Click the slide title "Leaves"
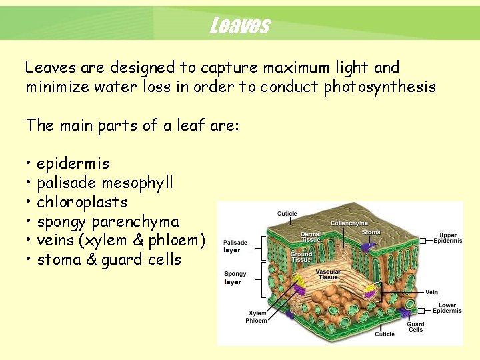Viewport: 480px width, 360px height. click(x=239, y=25)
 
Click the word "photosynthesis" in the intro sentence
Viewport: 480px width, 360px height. click(x=379, y=87)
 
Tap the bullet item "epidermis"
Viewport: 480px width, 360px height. click(x=73, y=163)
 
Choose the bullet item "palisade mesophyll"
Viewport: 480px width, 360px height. click(x=105, y=183)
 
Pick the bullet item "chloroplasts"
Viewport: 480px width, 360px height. click(x=81, y=202)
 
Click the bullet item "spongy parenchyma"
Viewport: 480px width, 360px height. click(x=107, y=221)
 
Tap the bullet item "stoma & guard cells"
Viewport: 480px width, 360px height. click(x=109, y=260)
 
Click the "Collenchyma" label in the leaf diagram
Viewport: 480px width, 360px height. click(x=349, y=223)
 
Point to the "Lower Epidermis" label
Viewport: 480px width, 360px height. click(x=447, y=308)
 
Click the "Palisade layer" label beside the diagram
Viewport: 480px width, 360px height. click(x=235, y=246)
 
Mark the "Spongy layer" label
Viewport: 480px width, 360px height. click(x=235, y=277)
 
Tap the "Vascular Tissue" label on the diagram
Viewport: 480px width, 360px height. click(x=328, y=274)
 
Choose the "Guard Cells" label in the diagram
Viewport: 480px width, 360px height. click(x=415, y=327)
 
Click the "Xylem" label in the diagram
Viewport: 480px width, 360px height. click(x=257, y=313)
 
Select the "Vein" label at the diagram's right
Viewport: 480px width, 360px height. click(x=432, y=292)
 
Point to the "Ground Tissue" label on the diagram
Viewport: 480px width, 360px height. click(x=301, y=257)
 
